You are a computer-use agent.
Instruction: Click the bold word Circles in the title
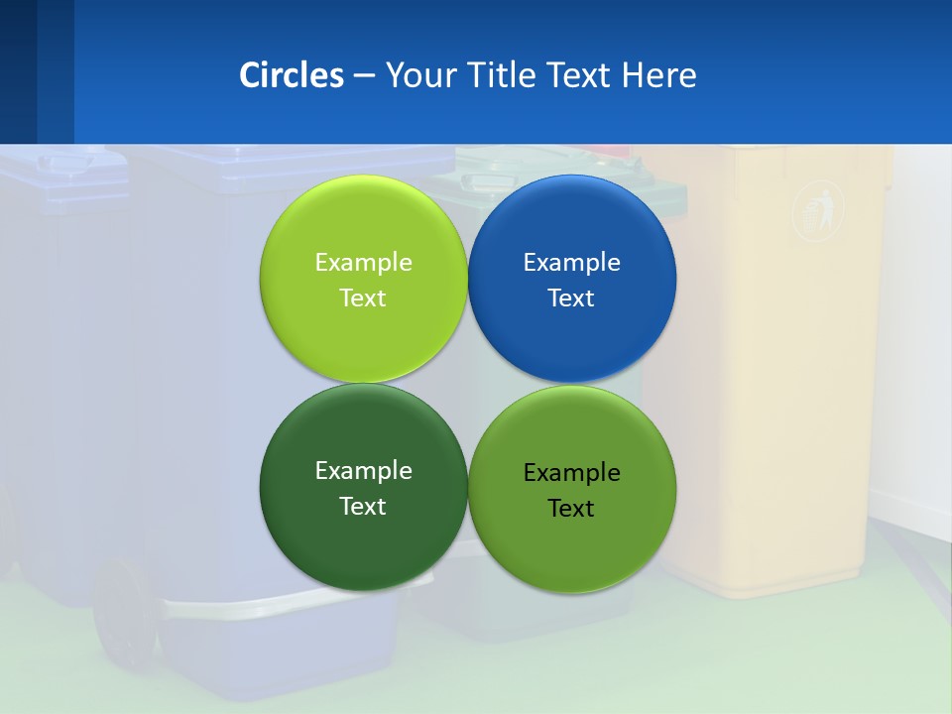[292, 75]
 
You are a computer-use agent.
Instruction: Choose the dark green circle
[363, 545]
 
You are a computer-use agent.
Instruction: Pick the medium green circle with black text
[571, 550]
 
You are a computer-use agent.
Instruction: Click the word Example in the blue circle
[571, 263]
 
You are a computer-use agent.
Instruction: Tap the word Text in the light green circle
[363, 298]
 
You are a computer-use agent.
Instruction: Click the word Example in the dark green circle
[363, 471]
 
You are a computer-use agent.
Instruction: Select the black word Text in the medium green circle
[571, 509]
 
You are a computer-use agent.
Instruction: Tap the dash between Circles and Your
[363, 75]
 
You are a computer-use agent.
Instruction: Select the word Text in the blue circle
[571, 298]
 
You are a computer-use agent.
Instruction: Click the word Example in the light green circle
[363, 263]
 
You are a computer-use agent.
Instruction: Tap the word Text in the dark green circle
[363, 507]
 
